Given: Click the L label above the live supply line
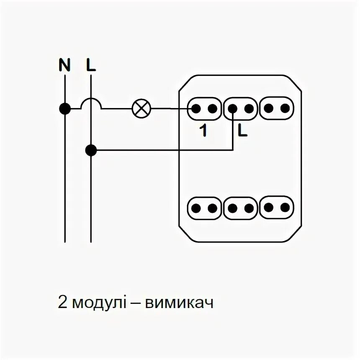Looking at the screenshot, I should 91,65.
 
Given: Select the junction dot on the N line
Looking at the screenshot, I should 64,109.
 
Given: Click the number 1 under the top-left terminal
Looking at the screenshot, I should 203,131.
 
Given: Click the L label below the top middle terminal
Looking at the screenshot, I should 242,131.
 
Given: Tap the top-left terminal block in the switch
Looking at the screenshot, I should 204,108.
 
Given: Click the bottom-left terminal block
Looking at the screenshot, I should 204,208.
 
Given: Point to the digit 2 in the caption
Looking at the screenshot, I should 62,303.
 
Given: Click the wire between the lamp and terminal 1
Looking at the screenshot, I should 172,109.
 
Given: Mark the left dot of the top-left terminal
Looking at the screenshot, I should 195,108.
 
